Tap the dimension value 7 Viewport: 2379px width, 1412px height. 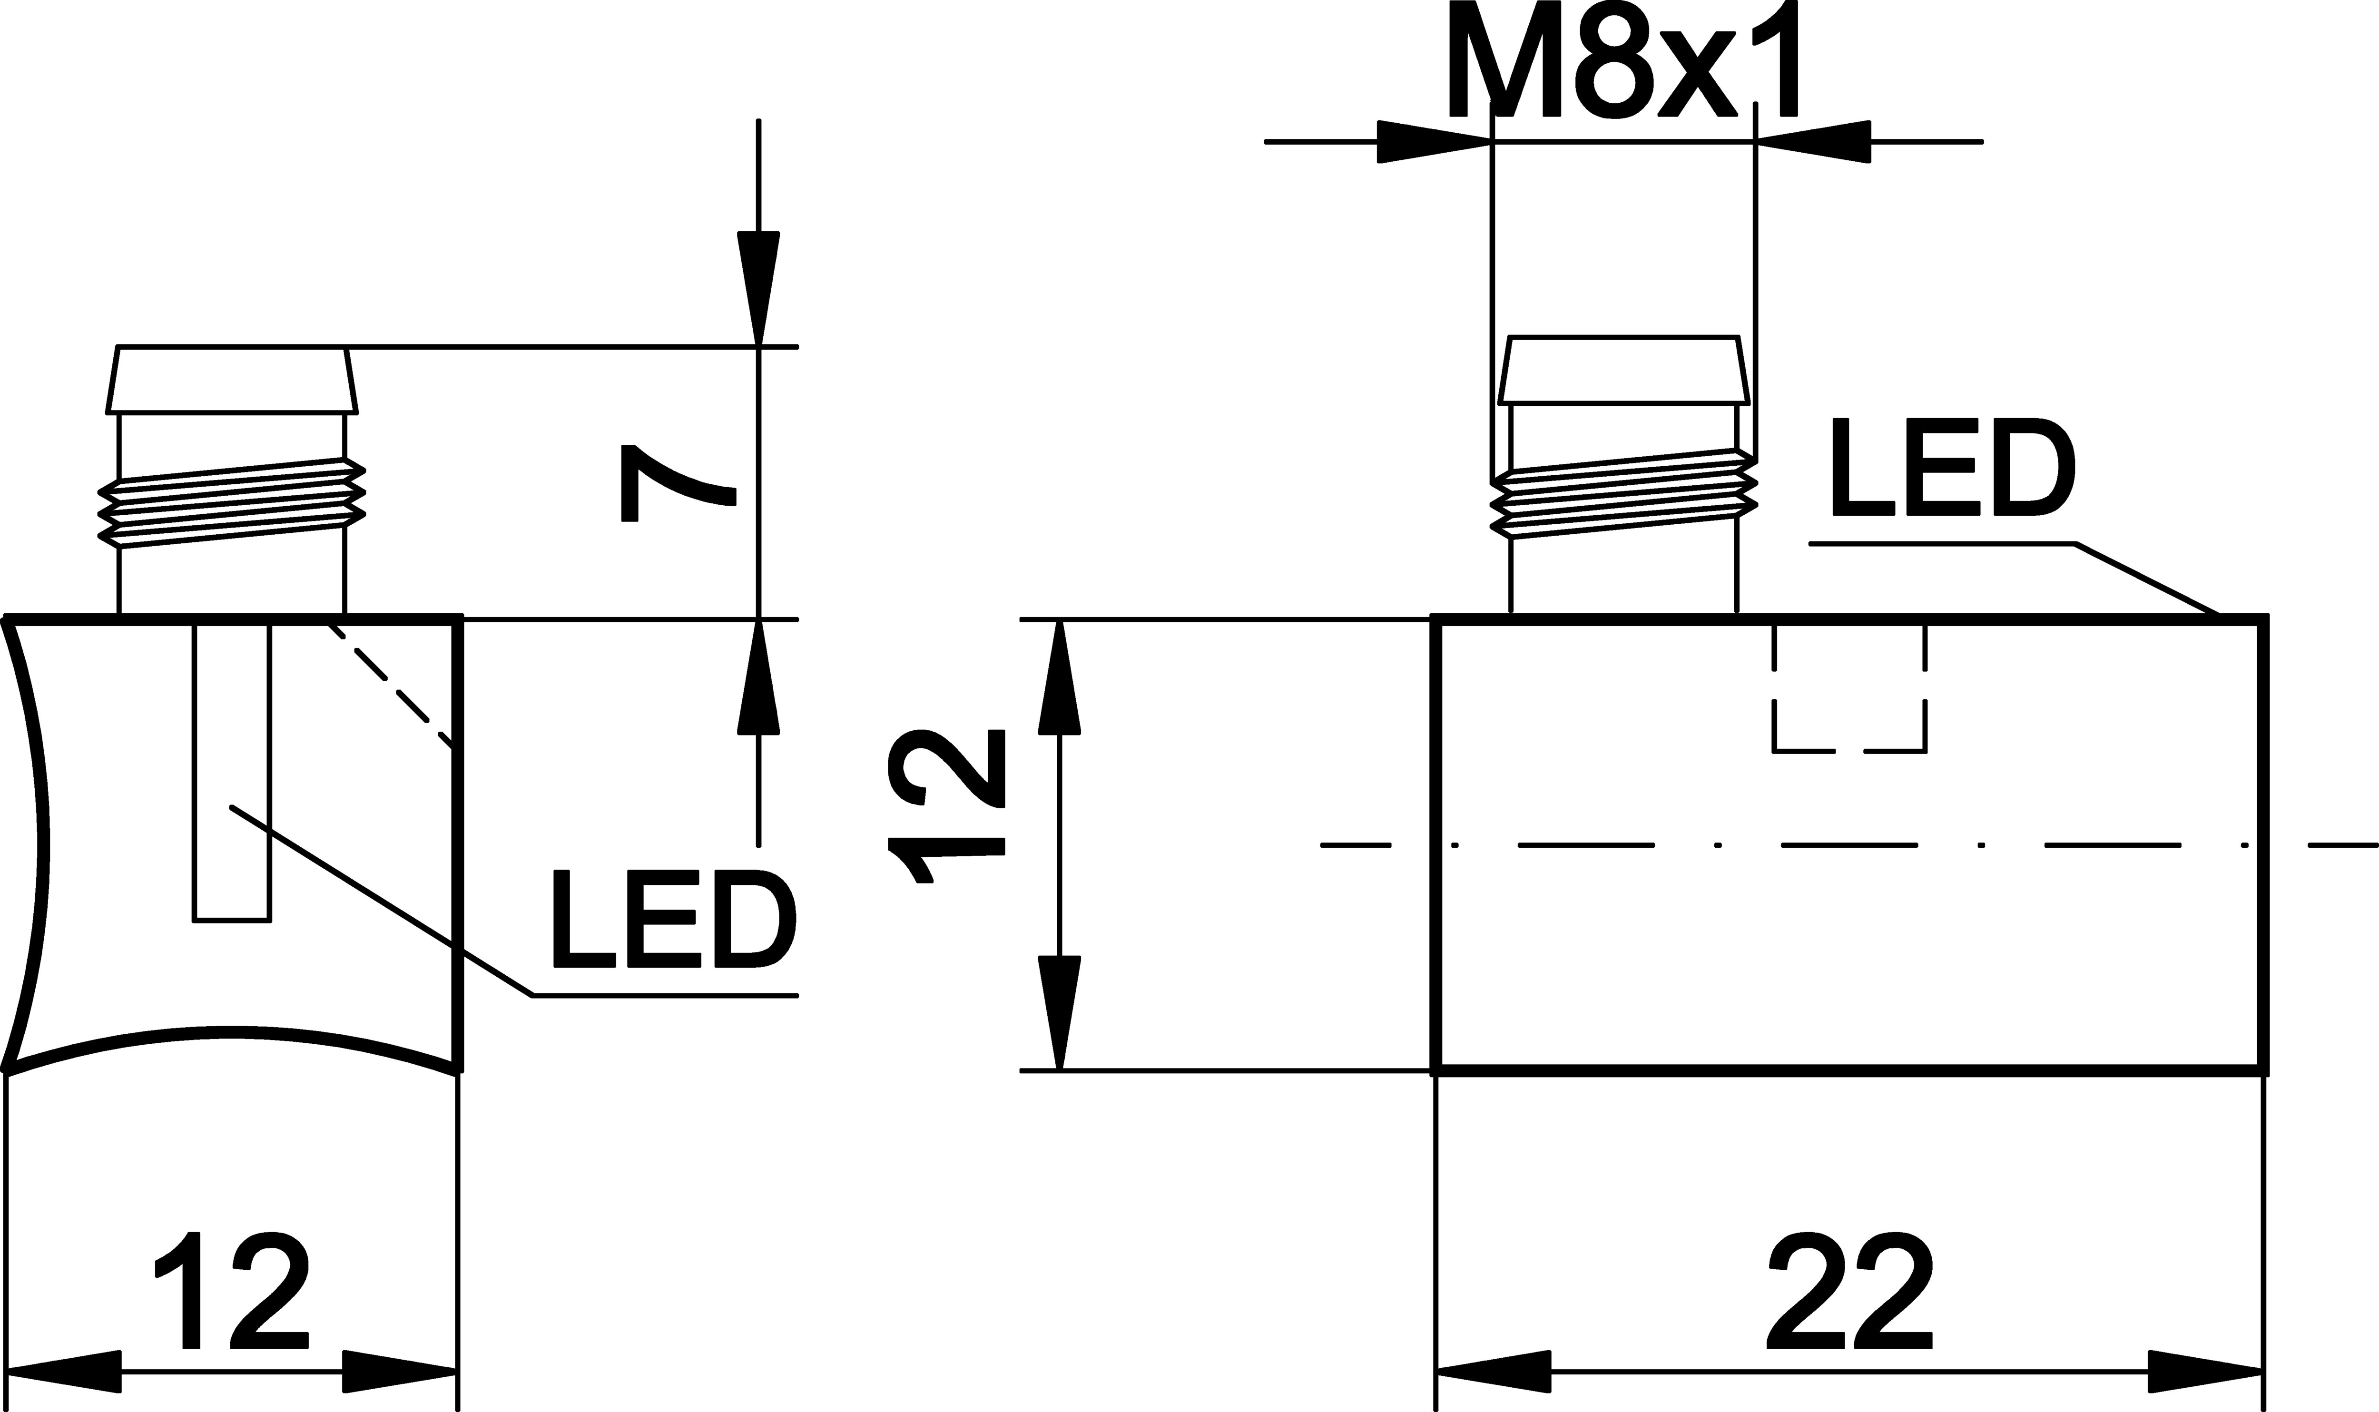tap(678, 483)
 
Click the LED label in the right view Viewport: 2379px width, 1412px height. tap(1951, 467)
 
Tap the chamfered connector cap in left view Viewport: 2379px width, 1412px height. tap(232, 380)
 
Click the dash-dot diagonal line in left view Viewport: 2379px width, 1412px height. tap(390, 686)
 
